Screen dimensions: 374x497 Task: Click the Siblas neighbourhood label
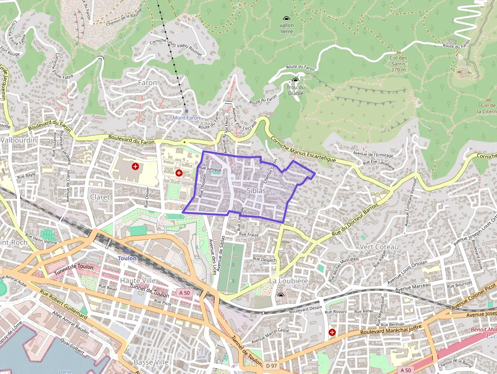coord(256,190)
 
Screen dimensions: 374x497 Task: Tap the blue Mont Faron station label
coord(186,118)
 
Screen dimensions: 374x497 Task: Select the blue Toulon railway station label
coord(127,258)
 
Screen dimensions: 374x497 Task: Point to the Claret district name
coord(99,197)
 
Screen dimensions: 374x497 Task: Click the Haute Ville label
coord(137,280)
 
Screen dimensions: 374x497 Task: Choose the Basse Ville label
coord(151,362)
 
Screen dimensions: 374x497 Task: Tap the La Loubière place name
coord(288,281)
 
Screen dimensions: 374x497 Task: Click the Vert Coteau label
coord(379,247)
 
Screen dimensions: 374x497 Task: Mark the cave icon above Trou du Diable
coord(296,80)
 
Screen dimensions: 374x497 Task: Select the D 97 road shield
coord(272,365)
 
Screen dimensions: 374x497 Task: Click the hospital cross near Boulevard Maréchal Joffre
coord(332,332)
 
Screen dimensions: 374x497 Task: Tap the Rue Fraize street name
coord(249,234)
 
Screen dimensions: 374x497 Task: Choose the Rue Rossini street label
coord(335,312)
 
